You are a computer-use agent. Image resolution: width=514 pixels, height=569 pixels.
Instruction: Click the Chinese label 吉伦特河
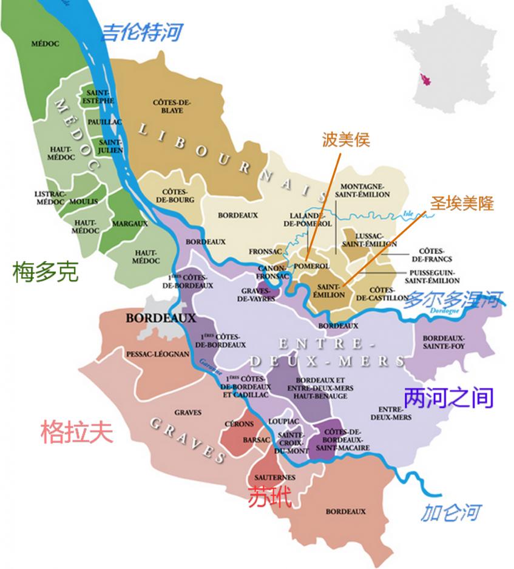(141, 32)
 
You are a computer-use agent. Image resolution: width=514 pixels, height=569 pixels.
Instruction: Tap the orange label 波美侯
(346, 141)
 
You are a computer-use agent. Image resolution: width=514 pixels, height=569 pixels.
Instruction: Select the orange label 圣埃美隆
(462, 203)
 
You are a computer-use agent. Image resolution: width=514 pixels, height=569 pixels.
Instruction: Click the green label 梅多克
(46, 272)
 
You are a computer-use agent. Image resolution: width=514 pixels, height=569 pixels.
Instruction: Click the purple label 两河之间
(448, 398)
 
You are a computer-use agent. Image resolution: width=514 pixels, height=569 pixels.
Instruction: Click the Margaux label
(130, 224)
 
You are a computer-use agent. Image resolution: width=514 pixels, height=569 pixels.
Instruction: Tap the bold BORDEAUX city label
(161, 318)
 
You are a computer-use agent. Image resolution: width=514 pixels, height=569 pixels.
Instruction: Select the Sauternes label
(276, 477)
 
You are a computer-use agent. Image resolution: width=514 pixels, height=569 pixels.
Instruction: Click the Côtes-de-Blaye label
(172, 107)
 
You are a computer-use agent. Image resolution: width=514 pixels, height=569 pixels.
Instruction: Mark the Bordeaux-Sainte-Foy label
(444, 342)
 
